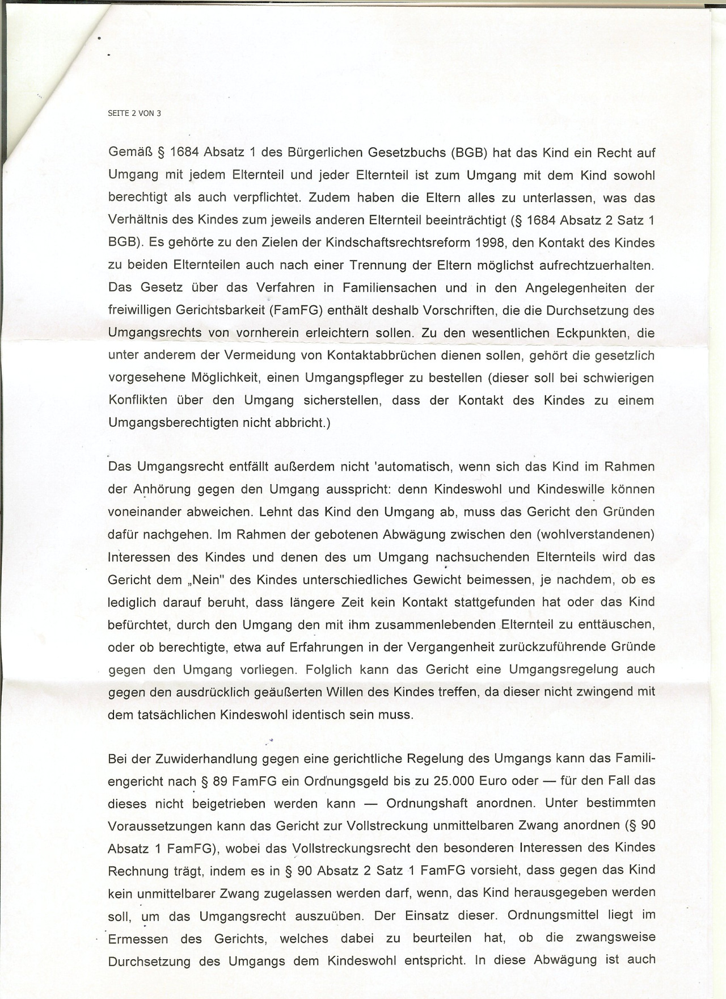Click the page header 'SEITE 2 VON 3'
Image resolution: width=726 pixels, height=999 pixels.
(134, 113)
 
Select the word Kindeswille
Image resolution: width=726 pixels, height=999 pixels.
(574, 489)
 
